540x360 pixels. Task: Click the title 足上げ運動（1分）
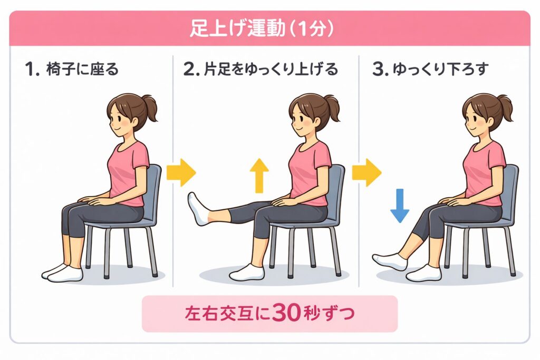[x=262, y=28]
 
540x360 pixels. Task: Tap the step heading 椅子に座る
[x=82, y=69]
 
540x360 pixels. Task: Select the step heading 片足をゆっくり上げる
[x=271, y=69]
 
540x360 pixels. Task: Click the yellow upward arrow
[x=259, y=176]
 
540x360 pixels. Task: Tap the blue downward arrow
[x=400, y=206]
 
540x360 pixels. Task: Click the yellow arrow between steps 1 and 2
[x=181, y=172]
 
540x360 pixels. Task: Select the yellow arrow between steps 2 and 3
[x=367, y=172]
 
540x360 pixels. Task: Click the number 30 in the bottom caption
[x=286, y=313]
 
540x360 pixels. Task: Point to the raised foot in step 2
[x=199, y=209]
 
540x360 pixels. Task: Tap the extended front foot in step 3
[x=390, y=261]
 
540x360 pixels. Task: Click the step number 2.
[x=189, y=70]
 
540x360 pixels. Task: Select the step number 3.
[x=379, y=70]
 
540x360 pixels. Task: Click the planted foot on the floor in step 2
[x=247, y=272]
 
